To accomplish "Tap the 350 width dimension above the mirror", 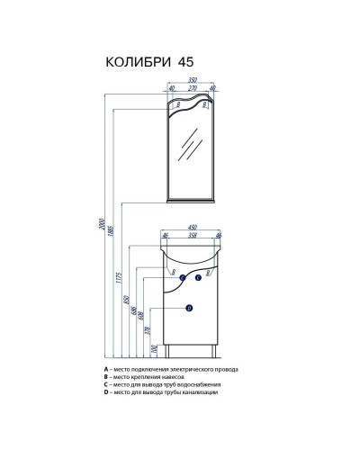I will pos(191,80).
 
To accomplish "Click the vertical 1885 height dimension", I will pos(111,229).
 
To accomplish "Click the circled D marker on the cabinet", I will pos(189,309).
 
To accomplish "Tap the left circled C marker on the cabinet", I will pos(182,278).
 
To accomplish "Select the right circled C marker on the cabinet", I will pos(199,278).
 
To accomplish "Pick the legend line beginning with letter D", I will pos(162,393).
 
